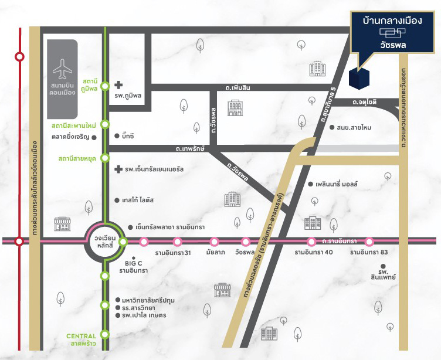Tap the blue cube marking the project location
pyautogui.click(x=359, y=79)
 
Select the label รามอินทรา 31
pyautogui.click(x=172, y=253)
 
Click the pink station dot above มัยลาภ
pyautogui.click(x=214, y=241)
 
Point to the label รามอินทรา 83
pyautogui.click(x=369, y=253)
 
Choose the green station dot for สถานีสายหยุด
pyautogui.click(x=106, y=158)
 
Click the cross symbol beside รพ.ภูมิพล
pyautogui.click(x=118, y=86)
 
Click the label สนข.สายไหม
pyautogui.click(x=355, y=127)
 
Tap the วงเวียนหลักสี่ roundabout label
pyautogui.click(x=106, y=241)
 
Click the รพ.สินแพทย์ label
pyautogui.click(x=384, y=274)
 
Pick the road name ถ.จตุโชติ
pyautogui.click(x=364, y=102)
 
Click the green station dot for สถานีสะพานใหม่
pyautogui.click(x=106, y=124)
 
